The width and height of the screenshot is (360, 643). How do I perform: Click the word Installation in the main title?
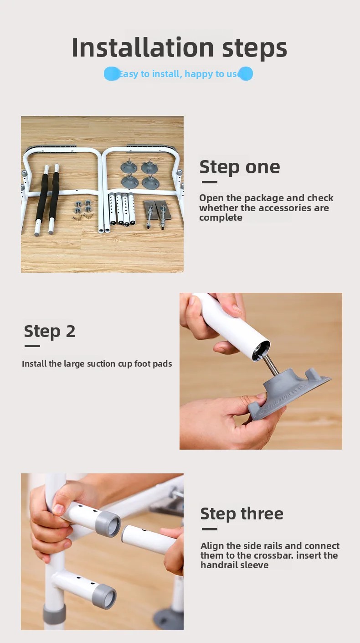click(x=143, y=47)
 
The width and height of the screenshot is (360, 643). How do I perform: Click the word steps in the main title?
click(x=254, y=49)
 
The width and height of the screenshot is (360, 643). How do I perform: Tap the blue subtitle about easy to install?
click(x=178, y=74)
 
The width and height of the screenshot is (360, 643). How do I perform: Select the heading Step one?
click(x=240, y=167)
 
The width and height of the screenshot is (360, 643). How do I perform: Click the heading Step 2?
click(x=50, y=332)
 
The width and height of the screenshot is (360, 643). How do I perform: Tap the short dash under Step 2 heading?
click(x=32, y=346)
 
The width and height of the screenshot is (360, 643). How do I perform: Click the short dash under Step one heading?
click(x=210, y=182)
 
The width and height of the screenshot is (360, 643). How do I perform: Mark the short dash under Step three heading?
click(x=210, y=529)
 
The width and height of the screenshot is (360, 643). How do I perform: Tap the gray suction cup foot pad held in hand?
click(x=287, y=391)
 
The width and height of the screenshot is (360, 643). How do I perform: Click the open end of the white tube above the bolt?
click(x=261, y=351)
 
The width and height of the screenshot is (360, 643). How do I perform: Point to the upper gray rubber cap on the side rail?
click(x=108, y=524)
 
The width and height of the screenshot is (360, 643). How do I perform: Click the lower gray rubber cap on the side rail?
click(x=104, y=596)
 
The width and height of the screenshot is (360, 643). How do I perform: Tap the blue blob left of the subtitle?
click(x=112, y=74)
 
